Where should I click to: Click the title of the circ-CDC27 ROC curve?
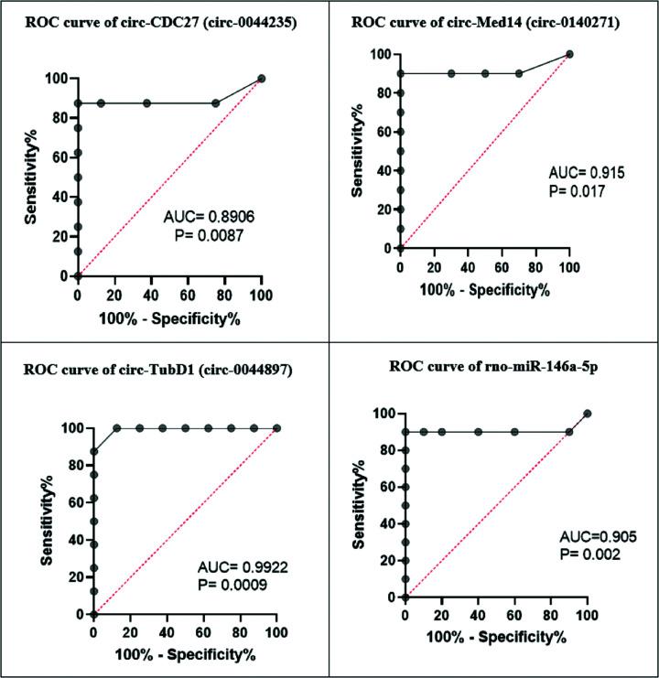165,25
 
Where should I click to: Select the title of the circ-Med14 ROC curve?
491,25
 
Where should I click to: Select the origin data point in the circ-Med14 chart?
401,248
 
